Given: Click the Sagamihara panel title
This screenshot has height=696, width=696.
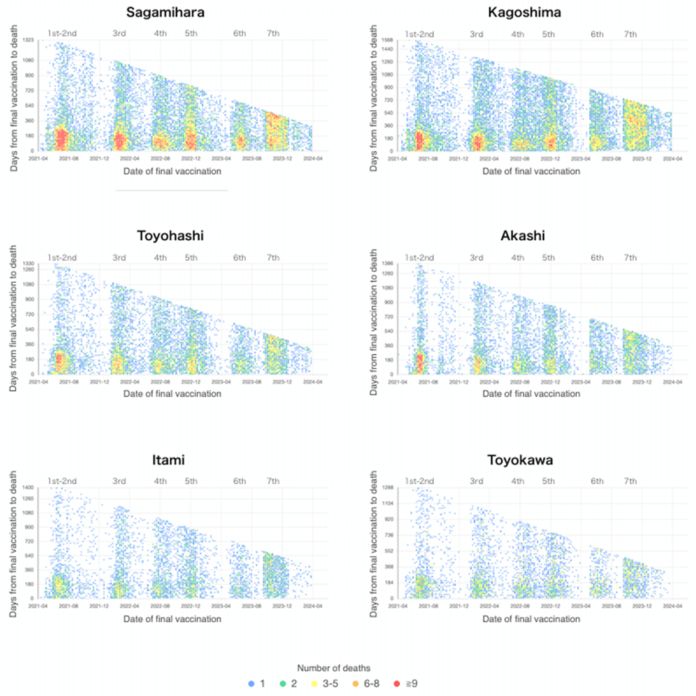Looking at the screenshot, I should point(165,13).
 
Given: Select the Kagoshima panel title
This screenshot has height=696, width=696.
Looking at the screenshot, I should point(525,13).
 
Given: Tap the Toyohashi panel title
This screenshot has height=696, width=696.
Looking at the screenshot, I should point(170,236).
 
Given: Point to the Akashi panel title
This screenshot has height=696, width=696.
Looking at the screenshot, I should point(523,236).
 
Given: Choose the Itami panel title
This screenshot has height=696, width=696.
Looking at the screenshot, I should point(168,460).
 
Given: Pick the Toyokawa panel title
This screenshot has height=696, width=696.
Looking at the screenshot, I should point(520,460).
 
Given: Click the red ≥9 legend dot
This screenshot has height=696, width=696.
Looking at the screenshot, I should point(397,683).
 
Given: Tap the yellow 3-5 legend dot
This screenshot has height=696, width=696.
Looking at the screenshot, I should point(314,683).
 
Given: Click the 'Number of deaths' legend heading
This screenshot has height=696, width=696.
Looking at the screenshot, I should point(333,668).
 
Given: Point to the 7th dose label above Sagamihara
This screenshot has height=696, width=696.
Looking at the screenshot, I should point(273,33).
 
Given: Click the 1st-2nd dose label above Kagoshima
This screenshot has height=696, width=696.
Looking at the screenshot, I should point(419,34).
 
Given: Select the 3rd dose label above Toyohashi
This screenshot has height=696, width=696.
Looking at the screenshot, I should point(119,257).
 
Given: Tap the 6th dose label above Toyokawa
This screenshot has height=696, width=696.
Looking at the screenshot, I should point(597,481).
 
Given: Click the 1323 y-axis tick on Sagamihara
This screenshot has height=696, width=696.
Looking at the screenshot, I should point(29,41).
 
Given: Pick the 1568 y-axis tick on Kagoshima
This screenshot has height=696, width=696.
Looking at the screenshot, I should point(387,40).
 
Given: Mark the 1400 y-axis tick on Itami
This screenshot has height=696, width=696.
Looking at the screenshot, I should point(28,487).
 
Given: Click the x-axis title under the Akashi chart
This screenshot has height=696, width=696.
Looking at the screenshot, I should point(531,393).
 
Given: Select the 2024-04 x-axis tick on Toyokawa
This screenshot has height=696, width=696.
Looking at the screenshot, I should point(672,606).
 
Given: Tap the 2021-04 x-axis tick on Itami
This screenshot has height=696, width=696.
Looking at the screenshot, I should point(38,606).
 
